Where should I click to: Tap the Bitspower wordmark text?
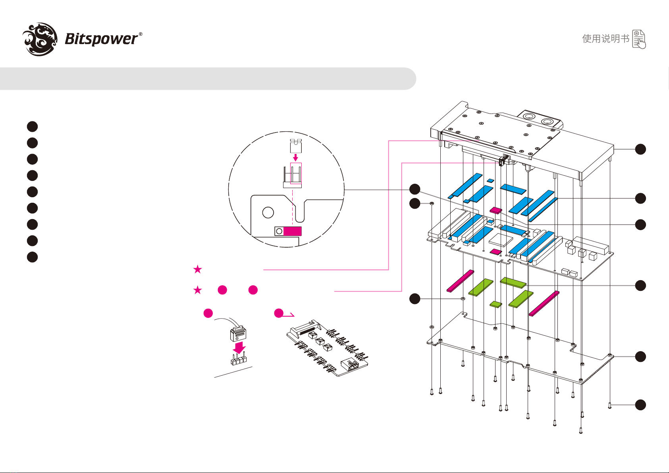coord(102,39)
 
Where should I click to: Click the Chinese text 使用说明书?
coord(605,38)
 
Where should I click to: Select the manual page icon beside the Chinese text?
coord(639,39)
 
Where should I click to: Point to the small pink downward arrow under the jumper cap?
coord(295,158)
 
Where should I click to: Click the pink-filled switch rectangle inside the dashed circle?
coord(293,231)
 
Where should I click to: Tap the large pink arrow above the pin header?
coord(239,348)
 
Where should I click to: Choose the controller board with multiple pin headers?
coord(328,348)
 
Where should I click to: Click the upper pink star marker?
coord(197,270)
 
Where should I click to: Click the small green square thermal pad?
coord(496,304)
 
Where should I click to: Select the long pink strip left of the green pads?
coord(461,281)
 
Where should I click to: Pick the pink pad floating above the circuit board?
coord(496,210)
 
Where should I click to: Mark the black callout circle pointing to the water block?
coord(640,149)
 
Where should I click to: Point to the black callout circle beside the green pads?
coord(640,285)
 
